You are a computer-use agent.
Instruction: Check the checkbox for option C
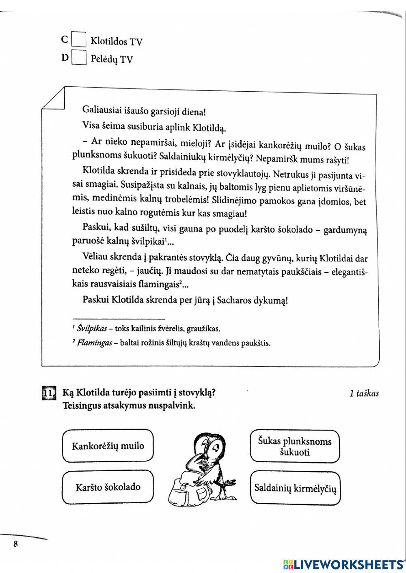(x=79, y=40)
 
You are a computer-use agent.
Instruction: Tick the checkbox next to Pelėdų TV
(x=79, y=58)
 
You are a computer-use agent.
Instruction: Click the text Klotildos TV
(x=116, y=41)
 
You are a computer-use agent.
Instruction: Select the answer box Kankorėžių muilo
(x=108, y=446)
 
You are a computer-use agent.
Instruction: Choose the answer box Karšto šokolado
(x=108, y=487)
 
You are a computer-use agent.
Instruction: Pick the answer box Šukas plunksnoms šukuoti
(x=294, y=446)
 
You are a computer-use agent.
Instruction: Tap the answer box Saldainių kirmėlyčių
(x=295, y=488)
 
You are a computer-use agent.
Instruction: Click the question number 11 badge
(x=48, y=394)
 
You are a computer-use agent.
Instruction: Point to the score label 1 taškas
(x=364, y=393)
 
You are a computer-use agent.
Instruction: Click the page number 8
(x=15, y=544)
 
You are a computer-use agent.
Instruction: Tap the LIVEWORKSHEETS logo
(x=343, y=564)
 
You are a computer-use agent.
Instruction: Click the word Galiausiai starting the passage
(x=101, y=109)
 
